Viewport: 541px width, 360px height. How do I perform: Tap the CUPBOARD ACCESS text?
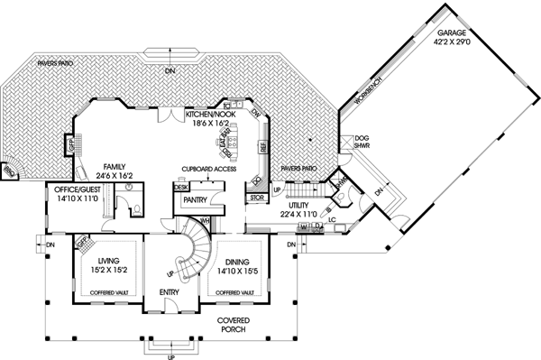(x=208, y=169)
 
